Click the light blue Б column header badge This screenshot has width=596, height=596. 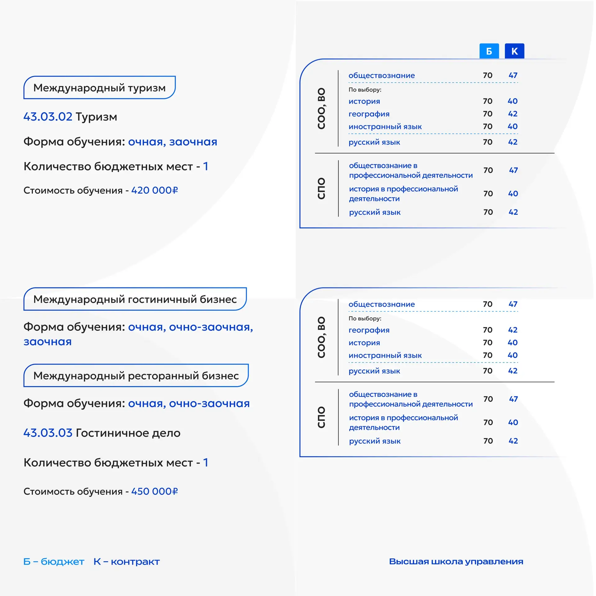click(x=489, y=51)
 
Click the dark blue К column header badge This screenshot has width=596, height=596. click(x=514, y=51)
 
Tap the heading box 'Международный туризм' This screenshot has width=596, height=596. click(x=99, y=88)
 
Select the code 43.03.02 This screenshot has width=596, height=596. click(x=48, y=117)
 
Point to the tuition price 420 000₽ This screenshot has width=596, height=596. click(x=154, y=190)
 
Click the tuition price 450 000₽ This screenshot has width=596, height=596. click(x=154, y=491)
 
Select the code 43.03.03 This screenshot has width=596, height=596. click(x=48, y=433)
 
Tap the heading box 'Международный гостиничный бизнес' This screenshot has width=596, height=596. click(x=135, y=299)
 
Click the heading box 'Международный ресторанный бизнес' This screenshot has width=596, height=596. click(x=136, y=376)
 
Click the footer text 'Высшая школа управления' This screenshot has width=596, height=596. click(x=456, y=562)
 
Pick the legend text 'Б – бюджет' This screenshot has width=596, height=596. click(x=54, y=562)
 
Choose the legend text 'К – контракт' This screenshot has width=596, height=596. click(x=127, y=562)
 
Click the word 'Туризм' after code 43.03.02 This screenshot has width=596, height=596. click(x=97, y=117)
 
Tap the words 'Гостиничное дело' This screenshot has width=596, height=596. click(x=128, y=433)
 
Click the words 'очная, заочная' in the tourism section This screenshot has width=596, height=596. click(x=173, y=142)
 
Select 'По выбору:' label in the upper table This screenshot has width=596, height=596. click(x=365, y=90)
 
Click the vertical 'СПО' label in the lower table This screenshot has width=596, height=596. click(x=321, y=417)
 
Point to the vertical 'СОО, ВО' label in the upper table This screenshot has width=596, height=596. click(x=321, y=108)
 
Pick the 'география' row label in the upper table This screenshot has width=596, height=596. click(x=369, y=114)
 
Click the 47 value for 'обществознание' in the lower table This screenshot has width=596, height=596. click(x=513, y=304)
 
